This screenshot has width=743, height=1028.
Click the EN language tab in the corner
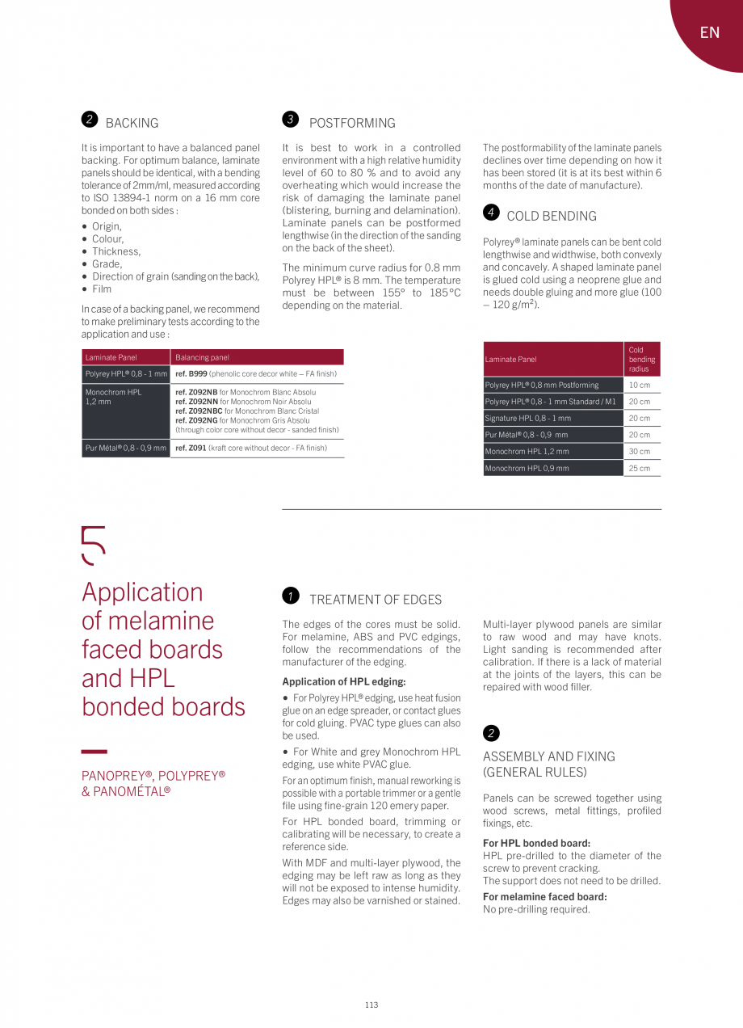[x=709, y=32]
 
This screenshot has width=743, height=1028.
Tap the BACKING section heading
[x=132, y=123]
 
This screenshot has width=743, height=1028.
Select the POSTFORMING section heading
[x=352, y=123]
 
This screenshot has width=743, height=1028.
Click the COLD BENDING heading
[x=552, y=216]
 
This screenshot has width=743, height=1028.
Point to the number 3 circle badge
[x=291, y=120]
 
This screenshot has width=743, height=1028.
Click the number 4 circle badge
[x=491, y=213]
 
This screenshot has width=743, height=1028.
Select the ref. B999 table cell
[x=256, y=374]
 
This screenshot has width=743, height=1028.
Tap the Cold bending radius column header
[x=642, y=360]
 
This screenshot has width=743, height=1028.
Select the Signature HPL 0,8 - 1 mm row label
[x=528, y=419]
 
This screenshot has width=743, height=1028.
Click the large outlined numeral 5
[x=94, y=546]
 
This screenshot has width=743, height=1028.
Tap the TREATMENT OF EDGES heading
[x=376, y=600]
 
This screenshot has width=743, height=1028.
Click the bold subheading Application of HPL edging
[x=344, y=681]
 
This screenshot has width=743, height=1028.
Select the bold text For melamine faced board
[x=545, y=896]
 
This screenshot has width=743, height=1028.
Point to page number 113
[x=371, y=1005]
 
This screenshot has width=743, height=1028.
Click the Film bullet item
[x=102, y=289]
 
